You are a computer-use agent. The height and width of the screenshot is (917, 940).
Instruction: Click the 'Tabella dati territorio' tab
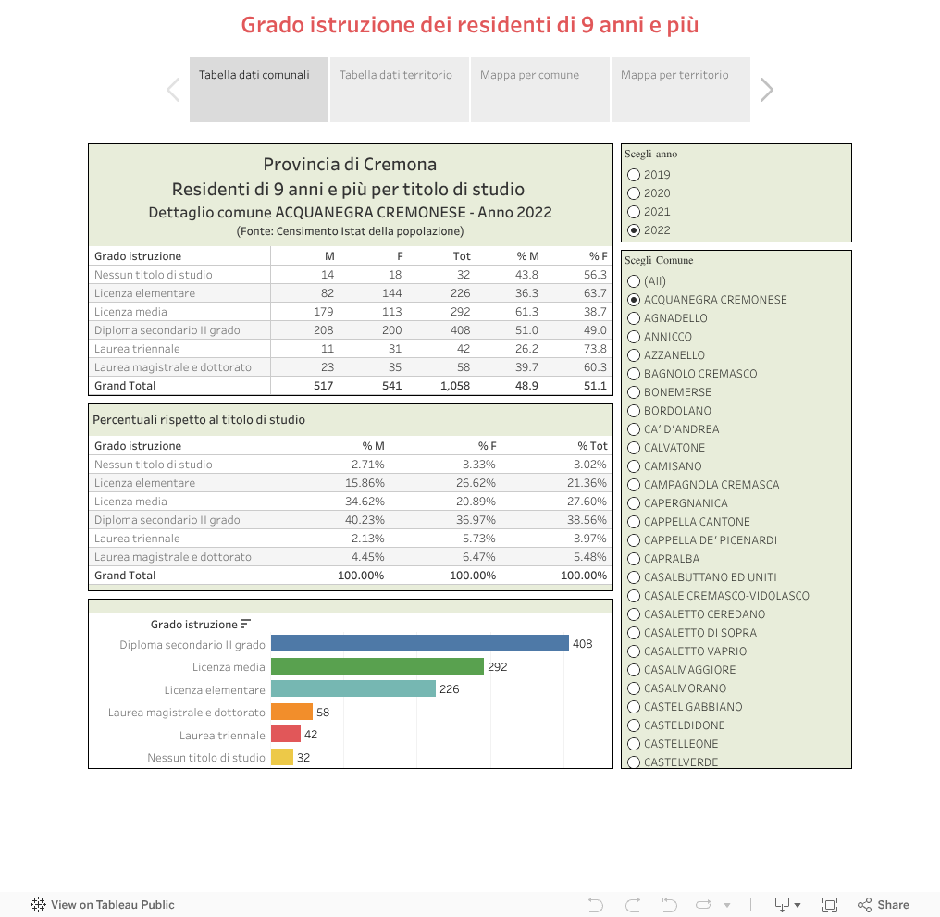[396, 75]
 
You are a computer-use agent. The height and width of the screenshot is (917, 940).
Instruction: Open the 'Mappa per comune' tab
[529, 75]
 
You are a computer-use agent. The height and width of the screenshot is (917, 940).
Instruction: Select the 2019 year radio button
[634, 175]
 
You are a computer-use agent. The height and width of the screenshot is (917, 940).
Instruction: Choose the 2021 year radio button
[634, 212]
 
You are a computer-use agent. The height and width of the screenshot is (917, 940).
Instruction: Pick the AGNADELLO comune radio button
[634, 318]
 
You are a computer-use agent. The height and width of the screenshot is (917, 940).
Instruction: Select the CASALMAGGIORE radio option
[634, 670]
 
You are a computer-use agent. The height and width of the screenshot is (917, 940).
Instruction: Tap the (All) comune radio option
[634, 281]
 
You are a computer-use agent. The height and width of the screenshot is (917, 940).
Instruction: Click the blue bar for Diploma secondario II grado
[419, 644]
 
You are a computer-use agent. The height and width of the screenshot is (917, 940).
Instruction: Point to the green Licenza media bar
[377, 666]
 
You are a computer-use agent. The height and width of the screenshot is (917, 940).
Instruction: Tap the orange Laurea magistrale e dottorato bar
[291, 712]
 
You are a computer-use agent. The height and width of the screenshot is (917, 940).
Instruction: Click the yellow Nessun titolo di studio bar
[281, 757]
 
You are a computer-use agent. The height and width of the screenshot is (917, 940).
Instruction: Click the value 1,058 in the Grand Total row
[454, 386]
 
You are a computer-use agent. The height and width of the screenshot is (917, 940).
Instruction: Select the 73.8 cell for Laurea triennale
[596, 349]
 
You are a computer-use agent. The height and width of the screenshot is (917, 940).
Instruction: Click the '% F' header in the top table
[598, 256]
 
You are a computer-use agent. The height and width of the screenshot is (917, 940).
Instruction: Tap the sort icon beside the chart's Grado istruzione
[246, 625]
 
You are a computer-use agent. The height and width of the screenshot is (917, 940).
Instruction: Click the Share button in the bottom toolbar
[884, 905]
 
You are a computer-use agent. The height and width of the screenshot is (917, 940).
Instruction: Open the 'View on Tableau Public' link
[103, 905]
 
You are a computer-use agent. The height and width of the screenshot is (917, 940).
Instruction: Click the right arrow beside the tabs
[766, 90]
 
